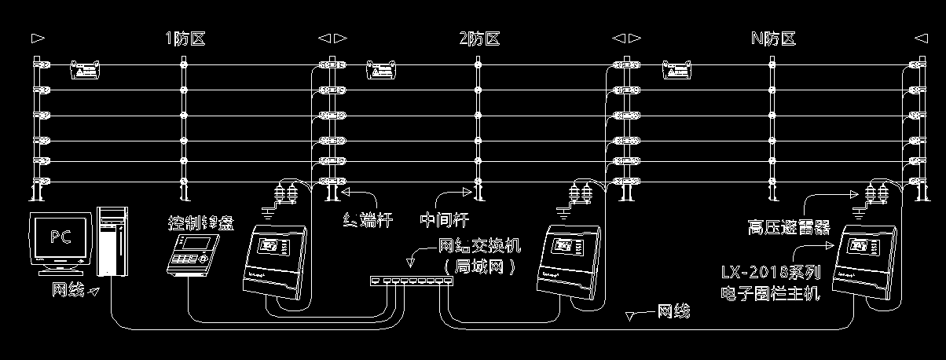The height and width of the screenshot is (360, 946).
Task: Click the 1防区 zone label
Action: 186,39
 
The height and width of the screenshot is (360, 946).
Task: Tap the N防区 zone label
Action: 773,39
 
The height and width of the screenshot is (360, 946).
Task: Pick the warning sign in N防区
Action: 677,70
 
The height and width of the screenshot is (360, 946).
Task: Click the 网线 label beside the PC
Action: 68,291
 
